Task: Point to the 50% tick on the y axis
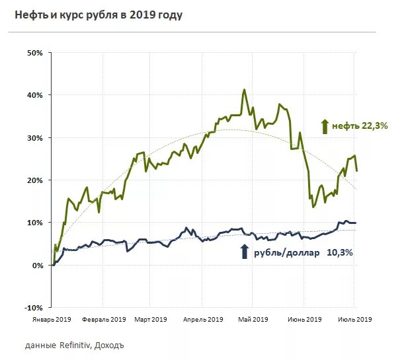point(34,53)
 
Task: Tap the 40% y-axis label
point(34,95)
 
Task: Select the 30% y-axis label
point(34,138)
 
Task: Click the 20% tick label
point(34,180)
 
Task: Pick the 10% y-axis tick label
point(34,223)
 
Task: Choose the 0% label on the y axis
point(36,266)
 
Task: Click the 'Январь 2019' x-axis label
point(52,320)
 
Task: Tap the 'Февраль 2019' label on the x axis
point(104,320)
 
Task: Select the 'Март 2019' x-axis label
point(151,320)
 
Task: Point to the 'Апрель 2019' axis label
point(202,320)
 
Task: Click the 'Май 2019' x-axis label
point(252,320)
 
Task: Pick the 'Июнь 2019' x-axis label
point(305,320)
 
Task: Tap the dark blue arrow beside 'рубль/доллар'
point(244,252)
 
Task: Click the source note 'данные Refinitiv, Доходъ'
point(74,345)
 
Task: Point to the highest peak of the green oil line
point(245,90)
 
